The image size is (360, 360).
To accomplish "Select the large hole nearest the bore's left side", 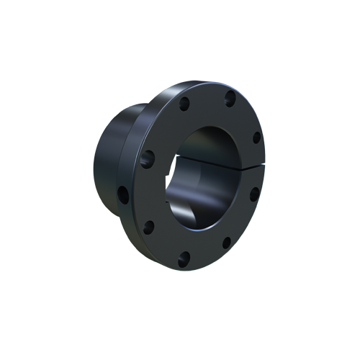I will pos(150,157).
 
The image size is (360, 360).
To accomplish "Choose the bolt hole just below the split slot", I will pos(254,194).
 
